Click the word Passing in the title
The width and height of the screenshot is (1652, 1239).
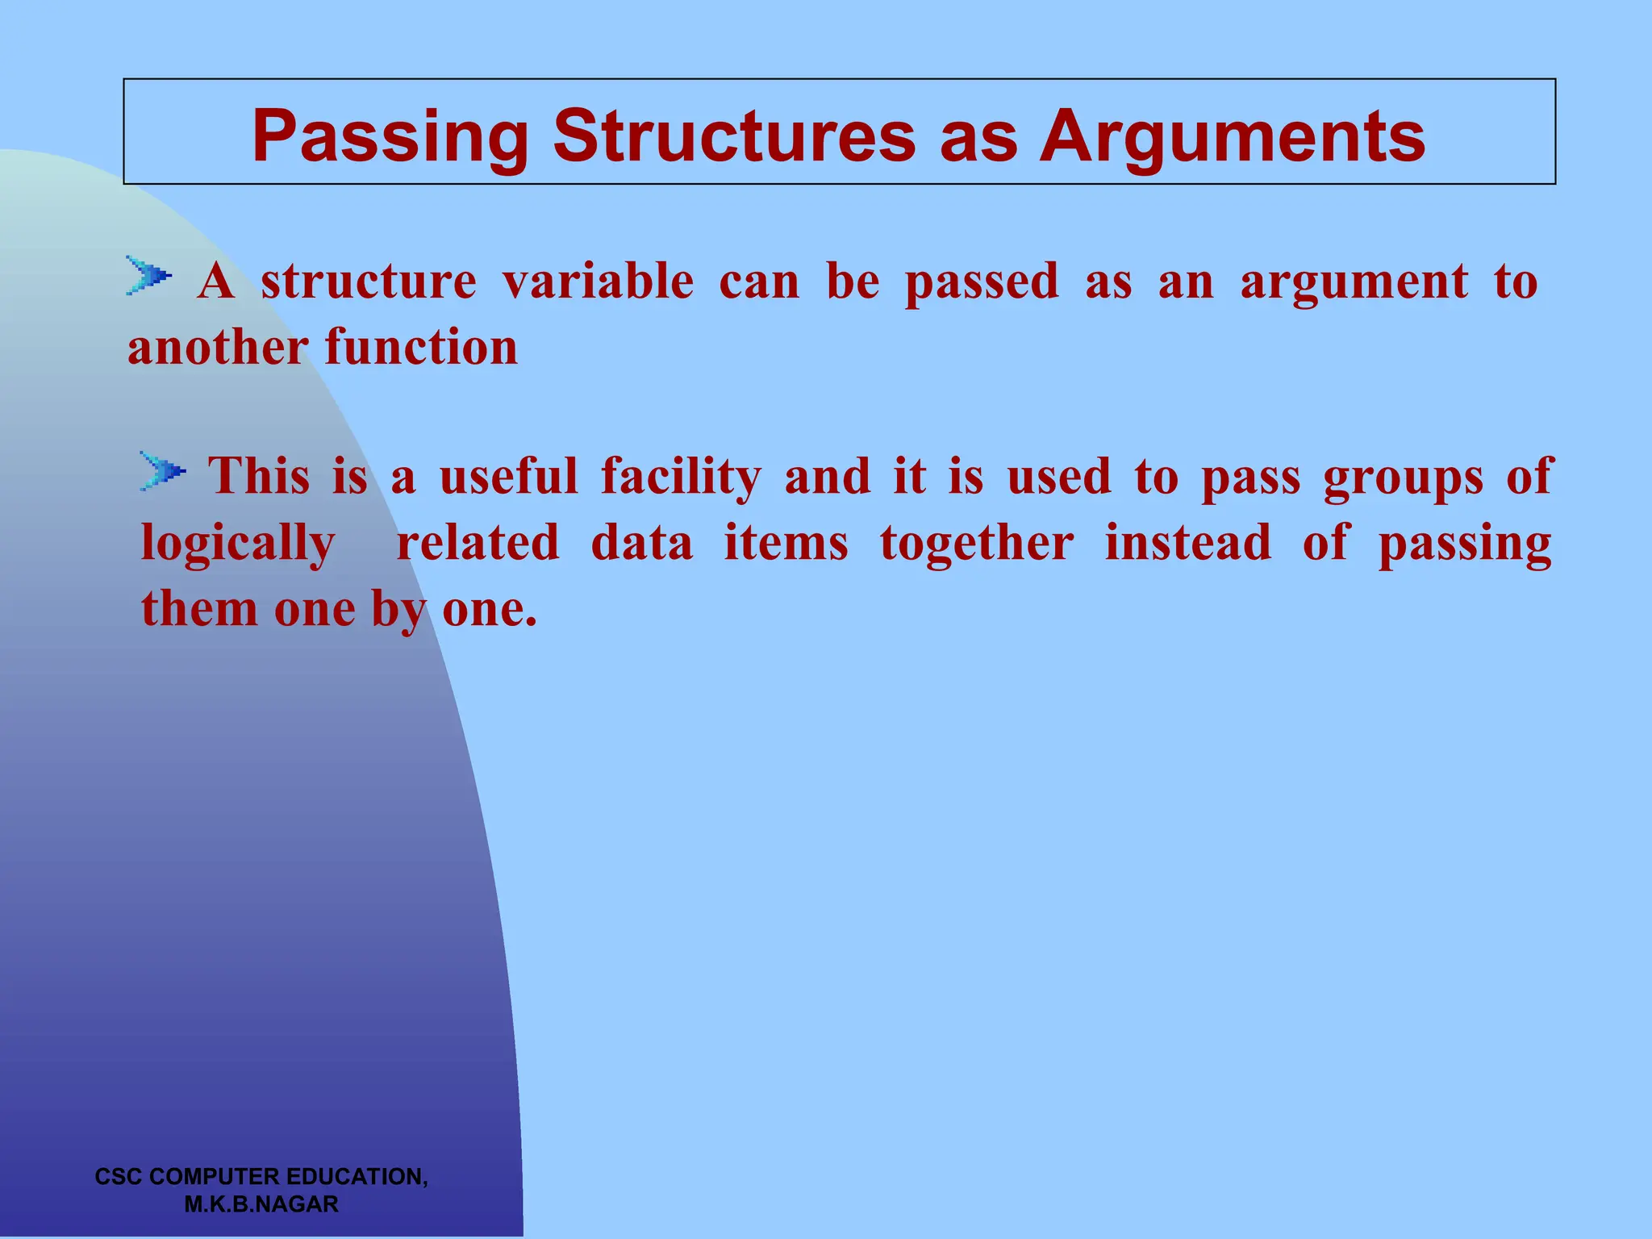[390, 137]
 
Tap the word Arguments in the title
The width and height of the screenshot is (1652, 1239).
[1232, 137]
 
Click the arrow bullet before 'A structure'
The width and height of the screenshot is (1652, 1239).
[148, 277]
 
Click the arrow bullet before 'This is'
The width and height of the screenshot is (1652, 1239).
[162, 471]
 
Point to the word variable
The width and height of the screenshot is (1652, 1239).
[598, 282]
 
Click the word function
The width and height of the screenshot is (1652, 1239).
[421, 348]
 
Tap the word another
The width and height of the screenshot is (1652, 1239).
[218, 348]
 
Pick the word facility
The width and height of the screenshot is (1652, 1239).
[681, 477]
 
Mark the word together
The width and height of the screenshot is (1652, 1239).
[977, 543]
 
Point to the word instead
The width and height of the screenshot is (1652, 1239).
[1187, 542]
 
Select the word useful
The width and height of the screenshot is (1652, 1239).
[509, 476]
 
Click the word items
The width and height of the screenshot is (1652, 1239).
[786, 542]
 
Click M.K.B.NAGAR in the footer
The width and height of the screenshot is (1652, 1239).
[261, 1204]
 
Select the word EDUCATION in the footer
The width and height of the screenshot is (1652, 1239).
[356, 1177]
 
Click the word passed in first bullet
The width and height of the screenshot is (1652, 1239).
[981, 282]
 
